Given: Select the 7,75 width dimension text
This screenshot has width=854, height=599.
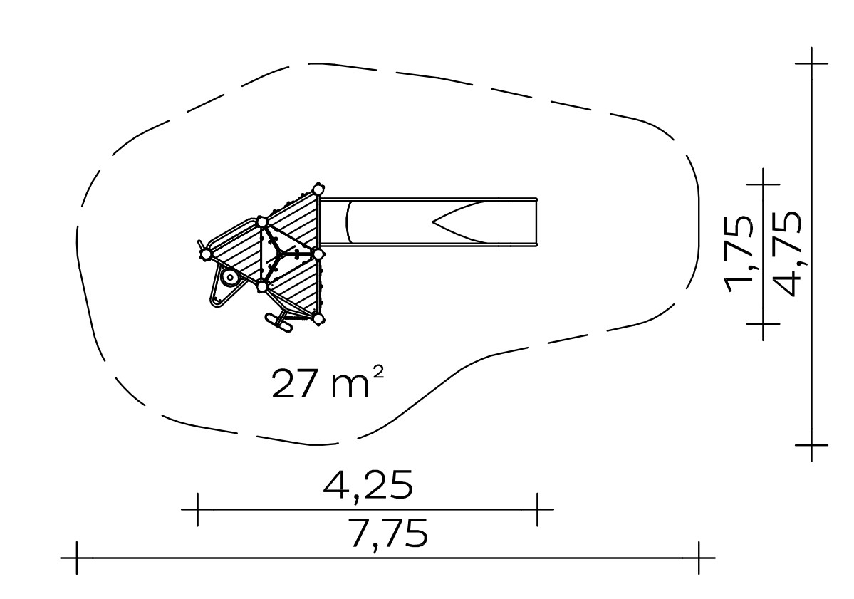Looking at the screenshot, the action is tap(387, 533).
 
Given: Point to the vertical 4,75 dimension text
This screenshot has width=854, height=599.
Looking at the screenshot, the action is tap(788, 254).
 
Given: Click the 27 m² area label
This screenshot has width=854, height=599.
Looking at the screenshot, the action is tap(328, 382).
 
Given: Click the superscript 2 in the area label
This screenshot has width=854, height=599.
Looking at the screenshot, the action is tap(380, 372).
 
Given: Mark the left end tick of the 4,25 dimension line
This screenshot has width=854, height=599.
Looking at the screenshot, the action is tap(198, 510).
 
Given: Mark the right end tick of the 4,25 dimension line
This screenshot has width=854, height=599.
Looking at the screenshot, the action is tap(538, 510).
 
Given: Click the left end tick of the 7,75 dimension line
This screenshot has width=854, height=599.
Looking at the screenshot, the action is tap(77, 558).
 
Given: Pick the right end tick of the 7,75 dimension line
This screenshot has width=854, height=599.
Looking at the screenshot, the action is tap(699, 558).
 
